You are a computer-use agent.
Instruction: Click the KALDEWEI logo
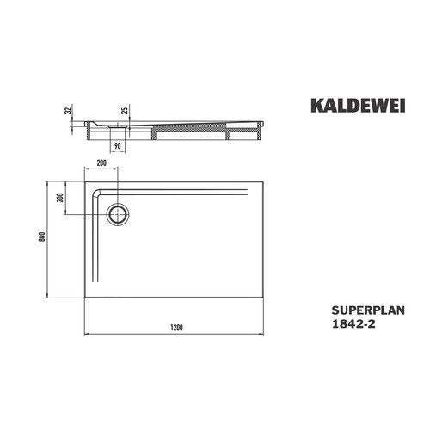coord(358,106)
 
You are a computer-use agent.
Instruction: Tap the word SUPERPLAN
coord(368,310)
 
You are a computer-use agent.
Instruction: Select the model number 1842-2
coord(353,324)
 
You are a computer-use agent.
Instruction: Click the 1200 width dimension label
coord(176,328)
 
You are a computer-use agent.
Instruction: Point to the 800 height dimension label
coord(42,236)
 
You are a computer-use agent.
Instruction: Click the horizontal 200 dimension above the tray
coord(101,163)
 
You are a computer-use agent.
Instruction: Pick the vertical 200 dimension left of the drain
coord(60,197)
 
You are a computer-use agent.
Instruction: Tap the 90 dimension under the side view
coord(117,146)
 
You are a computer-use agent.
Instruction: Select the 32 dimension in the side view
coord(68,110)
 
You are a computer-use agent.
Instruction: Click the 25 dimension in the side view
coord(125,109)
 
